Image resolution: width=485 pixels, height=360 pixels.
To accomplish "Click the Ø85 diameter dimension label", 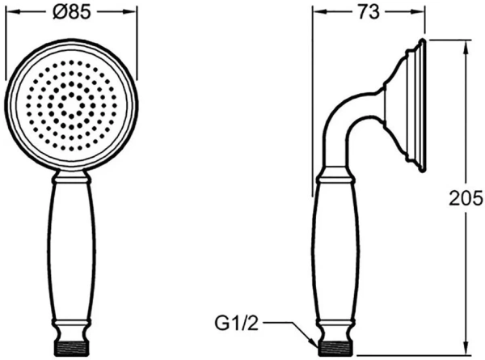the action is point(72,13).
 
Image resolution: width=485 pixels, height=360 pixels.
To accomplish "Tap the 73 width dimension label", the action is point(369,13).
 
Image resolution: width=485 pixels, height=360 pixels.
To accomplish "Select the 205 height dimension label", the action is point(466,198).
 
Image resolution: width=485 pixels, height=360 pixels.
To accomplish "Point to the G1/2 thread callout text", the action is point(236,324).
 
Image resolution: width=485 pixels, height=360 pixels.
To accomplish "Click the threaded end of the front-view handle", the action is point(71,348).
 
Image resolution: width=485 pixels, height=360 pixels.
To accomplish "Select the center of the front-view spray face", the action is point(71,105).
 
